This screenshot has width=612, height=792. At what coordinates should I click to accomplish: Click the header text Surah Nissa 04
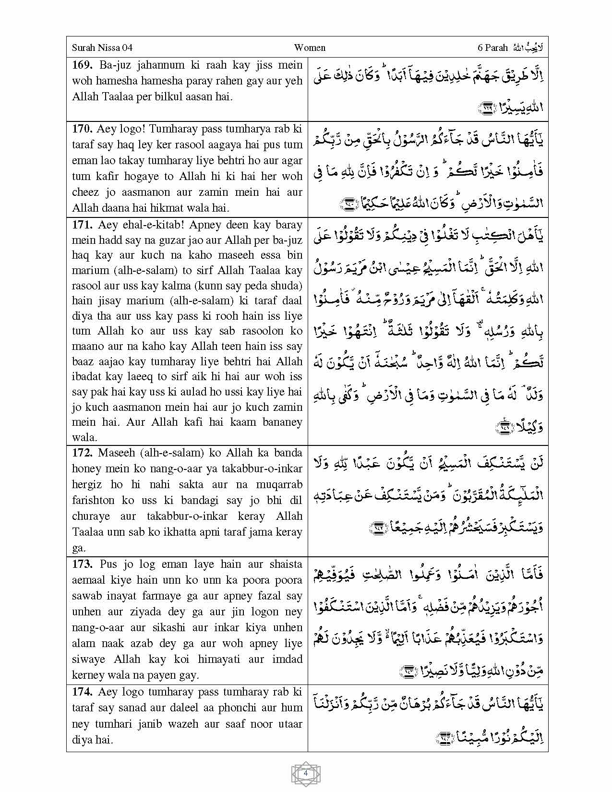[x=102, y=48]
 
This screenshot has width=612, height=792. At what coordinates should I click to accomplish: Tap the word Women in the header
[x=310, y=48]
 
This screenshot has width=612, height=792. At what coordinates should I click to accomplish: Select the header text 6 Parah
[x=492, y=48]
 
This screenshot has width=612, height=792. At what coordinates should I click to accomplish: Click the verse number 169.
[x=81, y=65]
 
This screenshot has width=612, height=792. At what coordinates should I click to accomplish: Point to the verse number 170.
[x=82, y=129]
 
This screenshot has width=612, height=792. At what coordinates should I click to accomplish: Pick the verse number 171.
[x=82, y=225]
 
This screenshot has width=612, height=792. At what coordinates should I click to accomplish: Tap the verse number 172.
[x=82, y=453]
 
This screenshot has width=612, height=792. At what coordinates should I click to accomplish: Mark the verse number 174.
[x=82, y=692]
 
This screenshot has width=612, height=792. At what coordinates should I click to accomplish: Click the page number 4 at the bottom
[x=306, y=773]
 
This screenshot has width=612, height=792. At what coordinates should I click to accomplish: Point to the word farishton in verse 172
[x=94, y=500]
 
